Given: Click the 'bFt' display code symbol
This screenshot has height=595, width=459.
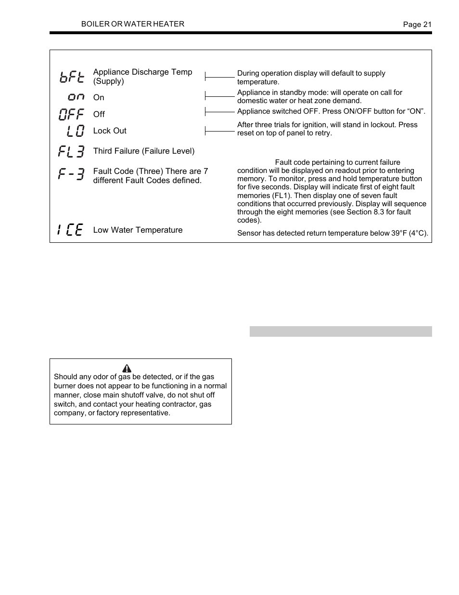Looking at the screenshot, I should coord(72,77).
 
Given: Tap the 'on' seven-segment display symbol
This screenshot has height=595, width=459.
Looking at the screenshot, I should coord(76,97).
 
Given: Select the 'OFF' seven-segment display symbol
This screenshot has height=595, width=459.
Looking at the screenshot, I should coord(72,114).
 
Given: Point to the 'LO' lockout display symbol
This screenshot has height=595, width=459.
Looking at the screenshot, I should coord(76,131).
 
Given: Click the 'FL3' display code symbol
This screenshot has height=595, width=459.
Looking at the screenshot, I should coord(71,151).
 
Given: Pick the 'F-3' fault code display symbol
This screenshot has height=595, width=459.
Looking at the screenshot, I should coord(71,173).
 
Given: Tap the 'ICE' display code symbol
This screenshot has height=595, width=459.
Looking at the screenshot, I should coord(70,230).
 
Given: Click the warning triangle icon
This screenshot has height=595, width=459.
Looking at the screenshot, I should coord(127,369).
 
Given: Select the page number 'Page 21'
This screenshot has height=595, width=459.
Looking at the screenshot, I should coord(417,25).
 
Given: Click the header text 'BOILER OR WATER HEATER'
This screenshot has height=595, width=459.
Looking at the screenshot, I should coord(132,24).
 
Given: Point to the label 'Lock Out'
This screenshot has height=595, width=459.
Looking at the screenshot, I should coord(110,131).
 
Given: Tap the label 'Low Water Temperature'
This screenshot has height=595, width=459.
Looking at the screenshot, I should coord(138,230).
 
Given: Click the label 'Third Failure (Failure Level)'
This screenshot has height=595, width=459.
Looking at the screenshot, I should coord(144,151).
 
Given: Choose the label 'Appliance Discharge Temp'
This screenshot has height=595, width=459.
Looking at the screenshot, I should coord(142,72).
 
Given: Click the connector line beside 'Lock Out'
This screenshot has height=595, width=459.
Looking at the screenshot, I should coord(219,131).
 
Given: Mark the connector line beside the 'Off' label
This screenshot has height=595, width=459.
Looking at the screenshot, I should coord(219,112).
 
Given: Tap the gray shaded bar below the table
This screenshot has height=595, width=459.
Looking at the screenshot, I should coord(341,331).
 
